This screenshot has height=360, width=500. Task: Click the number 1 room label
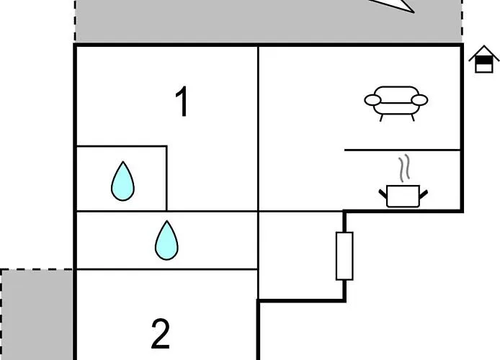(182, 102)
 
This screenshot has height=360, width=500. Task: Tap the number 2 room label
(161, 334)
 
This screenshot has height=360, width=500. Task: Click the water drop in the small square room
(122, 181)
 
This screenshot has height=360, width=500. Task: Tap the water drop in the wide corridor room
(166, 240)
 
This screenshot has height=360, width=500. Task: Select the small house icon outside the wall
(484, 59)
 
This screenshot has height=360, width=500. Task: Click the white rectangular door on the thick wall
(344, 256)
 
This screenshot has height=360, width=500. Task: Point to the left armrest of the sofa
(372, 100)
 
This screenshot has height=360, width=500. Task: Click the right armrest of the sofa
(419, 100)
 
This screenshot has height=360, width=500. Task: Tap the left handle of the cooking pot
(383, 194)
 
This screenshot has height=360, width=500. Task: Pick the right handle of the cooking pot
(424, 194)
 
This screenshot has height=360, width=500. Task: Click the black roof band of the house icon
(484, 60)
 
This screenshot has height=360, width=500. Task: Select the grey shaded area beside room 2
(36, 315)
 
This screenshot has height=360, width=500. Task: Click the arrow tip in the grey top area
(414, 12)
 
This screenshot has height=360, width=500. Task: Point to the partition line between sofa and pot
(403, 150)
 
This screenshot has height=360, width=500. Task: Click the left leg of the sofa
(381, 117)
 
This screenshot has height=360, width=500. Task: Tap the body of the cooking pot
(403, 197)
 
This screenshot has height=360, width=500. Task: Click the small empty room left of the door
(301, 256)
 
